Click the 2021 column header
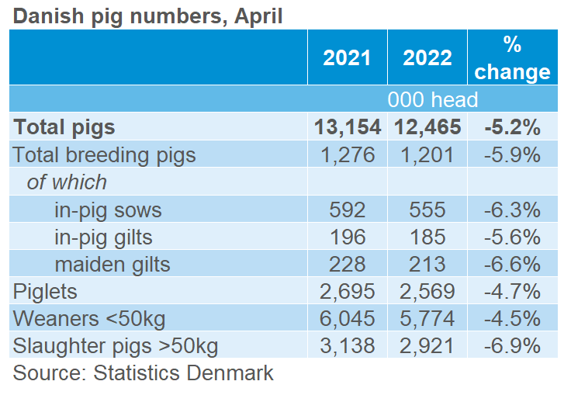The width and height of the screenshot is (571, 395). [347, 58]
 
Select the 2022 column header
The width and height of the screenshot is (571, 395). [427, 58]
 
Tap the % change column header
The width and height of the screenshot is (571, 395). [512, 58]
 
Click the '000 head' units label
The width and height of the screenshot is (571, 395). [434, 99]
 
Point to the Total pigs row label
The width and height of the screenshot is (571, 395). [64, 127]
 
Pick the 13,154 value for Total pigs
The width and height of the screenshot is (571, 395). [347, 127]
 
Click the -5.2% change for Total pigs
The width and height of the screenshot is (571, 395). [512, 127]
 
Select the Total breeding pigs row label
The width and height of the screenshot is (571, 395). [105, 154]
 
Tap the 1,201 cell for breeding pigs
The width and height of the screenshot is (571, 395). [427, 154]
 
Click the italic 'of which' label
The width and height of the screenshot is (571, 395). [67, 182]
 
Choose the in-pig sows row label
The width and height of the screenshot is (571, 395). [109, 210]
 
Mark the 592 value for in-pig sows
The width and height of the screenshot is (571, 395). [347, 210]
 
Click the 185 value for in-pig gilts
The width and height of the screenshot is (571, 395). [427, 237]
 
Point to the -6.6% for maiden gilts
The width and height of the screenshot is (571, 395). [512, 264]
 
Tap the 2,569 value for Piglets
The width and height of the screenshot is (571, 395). [427, 291]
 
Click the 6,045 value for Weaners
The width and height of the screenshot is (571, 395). [347, 318]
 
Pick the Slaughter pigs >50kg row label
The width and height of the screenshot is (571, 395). [115, 346]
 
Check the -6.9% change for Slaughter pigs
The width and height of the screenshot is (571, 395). [512, 346]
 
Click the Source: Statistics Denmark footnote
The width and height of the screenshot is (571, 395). [144, 372]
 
